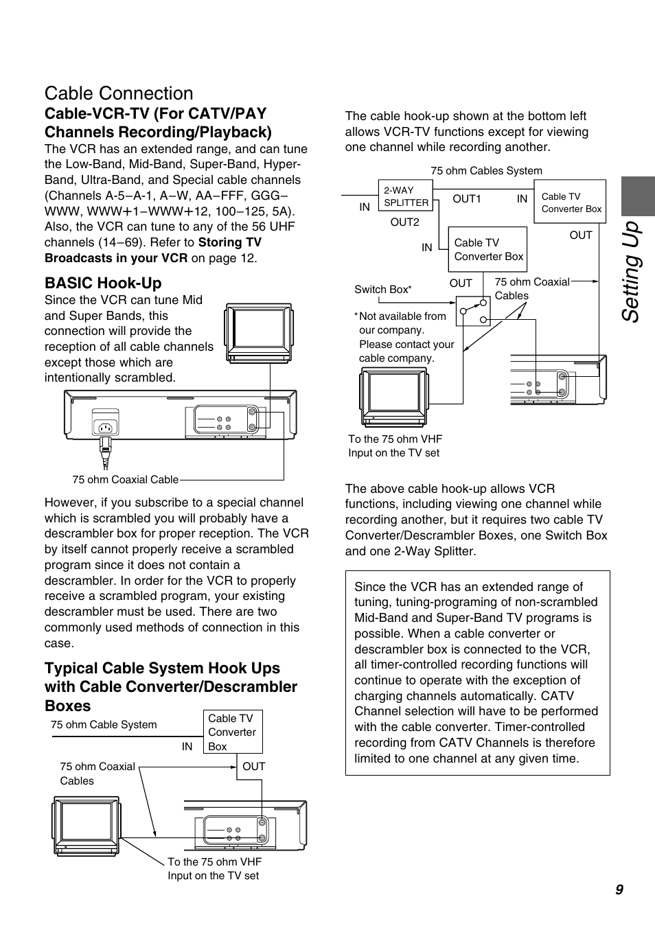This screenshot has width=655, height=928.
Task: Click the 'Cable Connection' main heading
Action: coord(119,93)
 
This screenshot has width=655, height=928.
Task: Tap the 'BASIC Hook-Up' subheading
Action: coord(103,283)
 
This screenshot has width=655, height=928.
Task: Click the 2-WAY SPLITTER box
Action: coord(405,197)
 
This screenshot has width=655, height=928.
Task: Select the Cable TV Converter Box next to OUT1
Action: coord(570,202)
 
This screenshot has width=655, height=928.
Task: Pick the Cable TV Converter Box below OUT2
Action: coord(487,250)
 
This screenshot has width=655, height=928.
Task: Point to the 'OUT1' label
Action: coord(467,199)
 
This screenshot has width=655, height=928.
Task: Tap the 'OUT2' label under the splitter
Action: coord(404,222)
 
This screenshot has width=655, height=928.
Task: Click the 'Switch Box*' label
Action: coord(382,290)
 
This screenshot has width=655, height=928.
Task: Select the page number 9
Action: coord(619,890)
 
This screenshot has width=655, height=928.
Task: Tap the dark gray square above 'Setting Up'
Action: coord(638,196)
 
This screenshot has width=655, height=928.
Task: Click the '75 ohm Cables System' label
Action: coord(486,171)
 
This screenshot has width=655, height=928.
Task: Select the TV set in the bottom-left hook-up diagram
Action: coord(87,826)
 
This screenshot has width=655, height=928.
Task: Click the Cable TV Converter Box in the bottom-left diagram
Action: coord(233,732)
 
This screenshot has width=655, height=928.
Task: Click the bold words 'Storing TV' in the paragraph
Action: coord(230,242)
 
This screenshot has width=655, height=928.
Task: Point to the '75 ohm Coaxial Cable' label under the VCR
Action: coord(125,480)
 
